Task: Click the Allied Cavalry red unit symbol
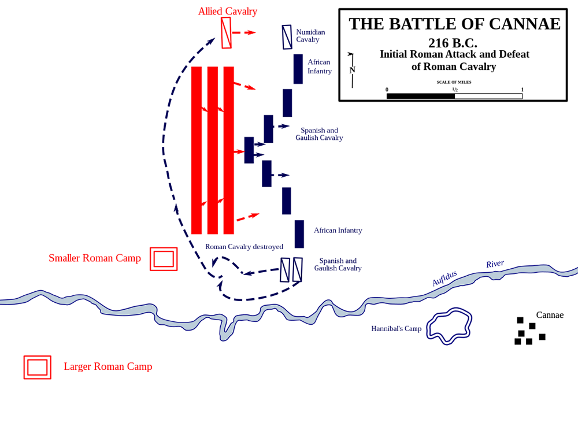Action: coord(226,33)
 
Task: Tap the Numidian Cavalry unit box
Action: coord(287,37)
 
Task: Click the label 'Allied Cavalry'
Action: coord(227,11)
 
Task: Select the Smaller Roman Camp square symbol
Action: coord(164,259)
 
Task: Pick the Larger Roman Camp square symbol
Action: coord(38,368)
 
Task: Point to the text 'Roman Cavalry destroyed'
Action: coord(244,247)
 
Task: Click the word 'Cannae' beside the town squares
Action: coord(549,315)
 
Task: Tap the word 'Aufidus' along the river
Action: coord(444,278)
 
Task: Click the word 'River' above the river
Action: coord(495,264)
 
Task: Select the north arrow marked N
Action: coord(351,70)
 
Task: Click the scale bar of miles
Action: coord(454,96)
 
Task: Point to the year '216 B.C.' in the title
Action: coord(453,43)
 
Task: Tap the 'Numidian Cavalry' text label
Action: coord(310,36)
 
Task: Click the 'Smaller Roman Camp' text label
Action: coord(95,258)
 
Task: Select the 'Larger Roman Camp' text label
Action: coord(108,366)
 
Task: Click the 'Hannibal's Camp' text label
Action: coord(396,329)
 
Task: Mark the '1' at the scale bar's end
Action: coord(522,90)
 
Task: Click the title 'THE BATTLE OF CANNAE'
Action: coord(454,24)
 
